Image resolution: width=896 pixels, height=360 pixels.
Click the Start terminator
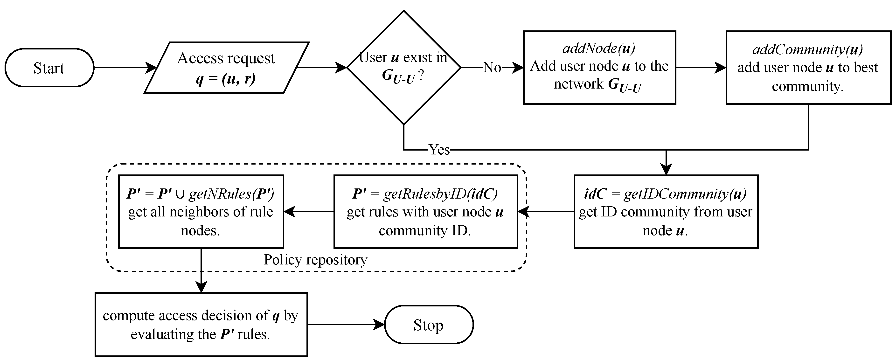tap(49, 68)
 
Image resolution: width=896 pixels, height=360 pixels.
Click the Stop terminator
tap(429, 325)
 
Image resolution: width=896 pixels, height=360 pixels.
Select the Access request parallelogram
tap(226, 68)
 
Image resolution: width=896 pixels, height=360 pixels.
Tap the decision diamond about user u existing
tap(403, 68)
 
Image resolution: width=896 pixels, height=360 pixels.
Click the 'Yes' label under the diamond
tap(439, 150)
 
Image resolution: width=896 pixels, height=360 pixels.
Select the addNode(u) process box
tap(599, 68)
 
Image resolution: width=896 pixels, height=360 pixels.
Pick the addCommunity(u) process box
tap(808, 68)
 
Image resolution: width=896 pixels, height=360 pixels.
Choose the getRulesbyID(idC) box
tap(425, 211)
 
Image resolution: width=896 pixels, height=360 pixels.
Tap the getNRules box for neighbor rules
tap(201, 211)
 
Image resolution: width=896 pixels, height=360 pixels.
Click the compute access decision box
tap(201, 325)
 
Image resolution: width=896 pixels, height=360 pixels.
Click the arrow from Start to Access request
tap(125, 68)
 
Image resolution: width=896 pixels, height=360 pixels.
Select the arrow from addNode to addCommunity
tap(701, 68)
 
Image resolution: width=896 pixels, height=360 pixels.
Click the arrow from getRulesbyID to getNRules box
tap(309, 211)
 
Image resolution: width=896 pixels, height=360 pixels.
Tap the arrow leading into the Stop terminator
tap(346, 325)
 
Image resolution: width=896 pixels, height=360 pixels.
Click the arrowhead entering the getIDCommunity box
tap(666, 170)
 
